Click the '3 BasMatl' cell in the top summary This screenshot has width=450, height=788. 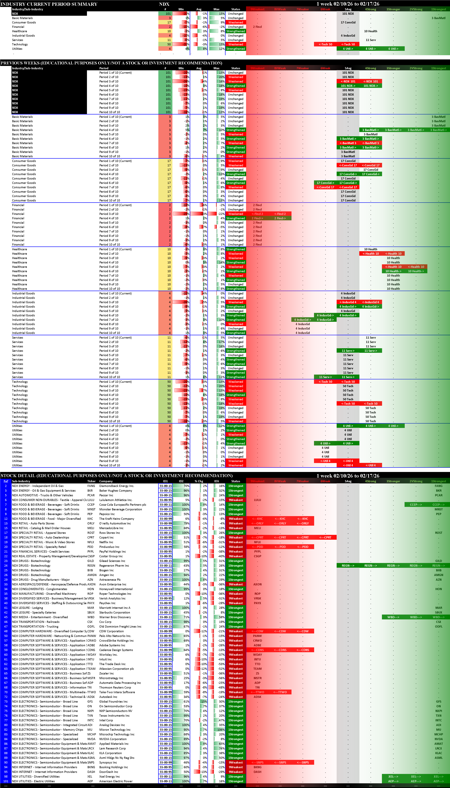point(438,18)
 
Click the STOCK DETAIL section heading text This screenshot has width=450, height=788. point(117,475)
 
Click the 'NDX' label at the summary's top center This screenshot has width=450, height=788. point(164,4)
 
